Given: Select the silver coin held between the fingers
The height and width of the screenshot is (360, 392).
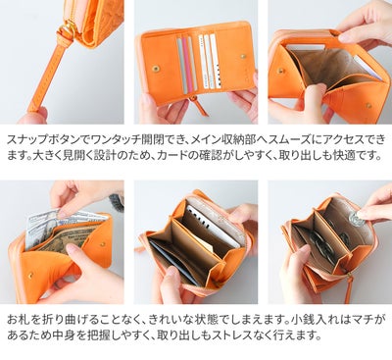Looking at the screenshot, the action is [x=356, y=219].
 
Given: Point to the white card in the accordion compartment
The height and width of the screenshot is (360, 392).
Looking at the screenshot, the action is [x=214, y=226].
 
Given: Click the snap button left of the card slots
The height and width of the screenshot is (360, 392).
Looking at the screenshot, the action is [x=156, y=69].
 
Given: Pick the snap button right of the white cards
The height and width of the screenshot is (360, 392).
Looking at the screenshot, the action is [x=243, y=56].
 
